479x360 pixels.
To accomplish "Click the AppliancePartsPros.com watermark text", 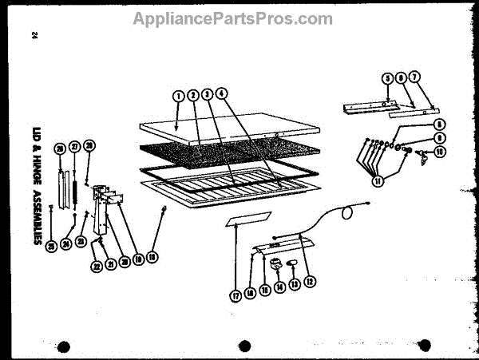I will tap(232, 18).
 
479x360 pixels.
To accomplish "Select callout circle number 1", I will tap(178, 97).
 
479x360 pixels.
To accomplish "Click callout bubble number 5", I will tap(387, 78).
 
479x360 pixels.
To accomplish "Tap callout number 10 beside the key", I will tap(439, 150).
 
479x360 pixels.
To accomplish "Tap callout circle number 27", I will tap(75, 148).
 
